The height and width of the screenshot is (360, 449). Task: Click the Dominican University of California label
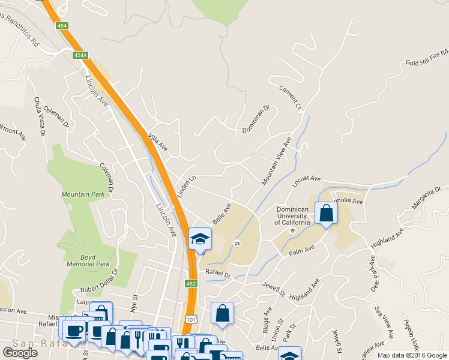(292, 216)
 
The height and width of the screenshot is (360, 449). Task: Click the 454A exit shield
(80, 55)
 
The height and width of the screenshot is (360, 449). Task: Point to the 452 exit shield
(191, 284)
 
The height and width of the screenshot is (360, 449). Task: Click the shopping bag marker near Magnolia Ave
(326, 213)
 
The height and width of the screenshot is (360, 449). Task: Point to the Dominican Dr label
(256, 120)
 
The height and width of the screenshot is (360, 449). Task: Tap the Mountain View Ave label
(276, 160)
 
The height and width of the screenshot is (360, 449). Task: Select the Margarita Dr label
(426, 197)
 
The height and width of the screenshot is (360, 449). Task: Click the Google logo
(20, 353)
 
